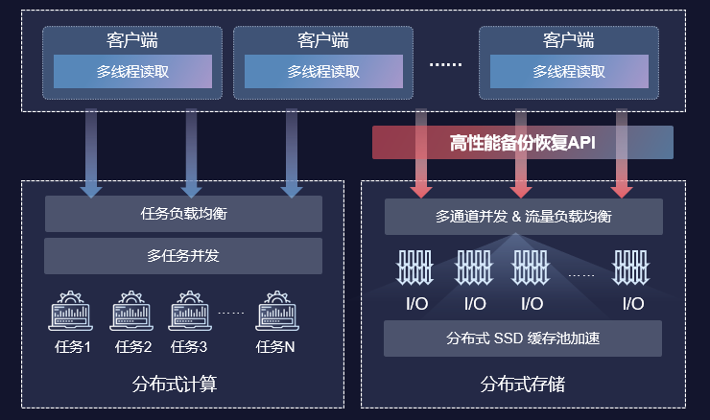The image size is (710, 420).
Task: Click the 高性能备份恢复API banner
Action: [523, 143]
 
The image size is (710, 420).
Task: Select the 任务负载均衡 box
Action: [183, 213]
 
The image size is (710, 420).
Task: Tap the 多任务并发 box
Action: [183, 256]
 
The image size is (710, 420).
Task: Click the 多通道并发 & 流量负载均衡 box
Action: [523, 217]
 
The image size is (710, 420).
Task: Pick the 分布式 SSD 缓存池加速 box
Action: [523, 338]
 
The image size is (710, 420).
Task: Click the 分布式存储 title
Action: [522, 385]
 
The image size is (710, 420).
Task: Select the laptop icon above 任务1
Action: [73, 312]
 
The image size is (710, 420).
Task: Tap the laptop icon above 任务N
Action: [275, 312]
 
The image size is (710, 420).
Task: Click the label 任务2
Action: [133, 347]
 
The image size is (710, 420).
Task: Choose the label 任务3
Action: [189, 347]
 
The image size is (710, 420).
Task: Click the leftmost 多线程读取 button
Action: [131, 72]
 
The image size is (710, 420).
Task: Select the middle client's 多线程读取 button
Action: [323, 72]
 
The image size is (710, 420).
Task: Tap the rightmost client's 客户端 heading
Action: [568, 41]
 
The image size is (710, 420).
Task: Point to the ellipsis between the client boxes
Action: [445, 65]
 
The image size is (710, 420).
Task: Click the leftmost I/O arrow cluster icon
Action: [415, 268]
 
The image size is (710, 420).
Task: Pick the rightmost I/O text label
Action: [632, 304]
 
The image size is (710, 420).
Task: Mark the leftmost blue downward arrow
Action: [91, 153]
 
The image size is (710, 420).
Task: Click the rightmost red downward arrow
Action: [622, 153]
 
